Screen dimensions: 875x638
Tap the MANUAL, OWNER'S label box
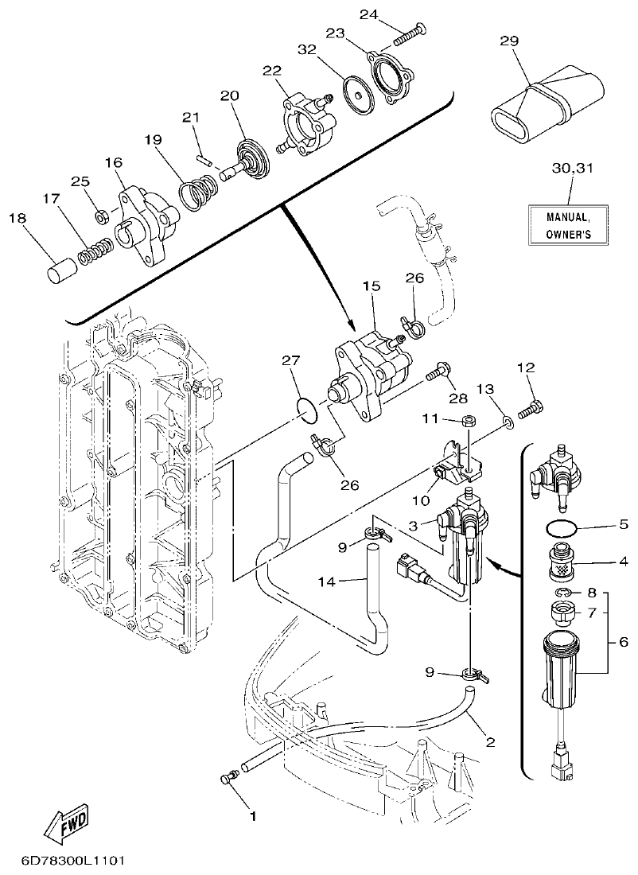tap(567, 225)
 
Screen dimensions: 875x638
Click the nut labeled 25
tap(101, 216)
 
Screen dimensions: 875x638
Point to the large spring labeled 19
tap(196, 193)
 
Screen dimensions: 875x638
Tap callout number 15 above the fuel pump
tap(372, 286)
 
